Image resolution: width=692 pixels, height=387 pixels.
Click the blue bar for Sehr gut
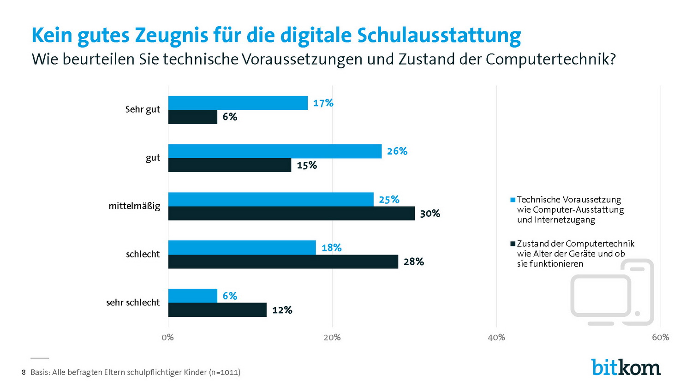tap(238, 103)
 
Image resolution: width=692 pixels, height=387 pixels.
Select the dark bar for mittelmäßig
tap(291, 214)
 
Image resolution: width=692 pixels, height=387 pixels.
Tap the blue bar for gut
tap(274, 151)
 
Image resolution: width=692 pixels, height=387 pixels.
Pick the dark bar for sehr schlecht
tap(217, 310)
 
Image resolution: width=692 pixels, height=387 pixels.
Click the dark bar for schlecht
tap(283, 262)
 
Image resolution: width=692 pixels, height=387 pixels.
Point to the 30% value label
tap(430, 214)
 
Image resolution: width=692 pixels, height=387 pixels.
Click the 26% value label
tap(397, 151)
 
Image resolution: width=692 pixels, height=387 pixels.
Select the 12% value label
tap(282, 310)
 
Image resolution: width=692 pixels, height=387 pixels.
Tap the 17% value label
tap(323, 103)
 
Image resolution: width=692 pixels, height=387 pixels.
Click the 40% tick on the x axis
tap(496, 337)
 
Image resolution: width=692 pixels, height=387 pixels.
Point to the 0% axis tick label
tap(168, 337)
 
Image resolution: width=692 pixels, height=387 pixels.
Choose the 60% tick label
tap(660, 337)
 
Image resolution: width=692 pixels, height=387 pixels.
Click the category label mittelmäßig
tap(134, 206)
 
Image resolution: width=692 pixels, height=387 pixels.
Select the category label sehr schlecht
tap(133, 303)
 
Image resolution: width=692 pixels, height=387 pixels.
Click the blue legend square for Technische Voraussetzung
tap(513, 200)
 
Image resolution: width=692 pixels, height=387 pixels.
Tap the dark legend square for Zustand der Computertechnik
tap(513, 244)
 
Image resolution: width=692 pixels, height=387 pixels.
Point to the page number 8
tap(24, 372)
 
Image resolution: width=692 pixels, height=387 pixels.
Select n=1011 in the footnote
tap(224, 372)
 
